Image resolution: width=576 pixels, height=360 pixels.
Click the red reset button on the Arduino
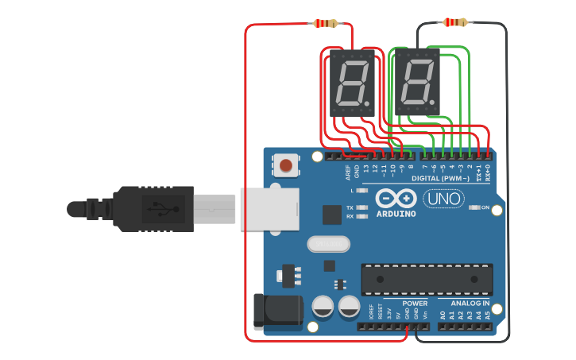[x=285, y=166]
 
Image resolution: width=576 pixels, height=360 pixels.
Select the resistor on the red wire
[x=326, y=24]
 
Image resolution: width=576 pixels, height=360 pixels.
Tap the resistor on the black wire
[x=454, y=22]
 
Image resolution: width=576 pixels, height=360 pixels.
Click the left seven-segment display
[x=350, y=83]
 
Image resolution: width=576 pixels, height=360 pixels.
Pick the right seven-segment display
[x=417, y=83]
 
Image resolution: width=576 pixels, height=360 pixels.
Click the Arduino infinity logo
[x=396, y=198]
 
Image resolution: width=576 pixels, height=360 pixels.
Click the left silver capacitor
[x=323, y=306]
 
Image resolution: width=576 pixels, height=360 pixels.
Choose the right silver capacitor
[x=349, y=306]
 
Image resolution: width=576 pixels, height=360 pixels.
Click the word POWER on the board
[x=414, y=304]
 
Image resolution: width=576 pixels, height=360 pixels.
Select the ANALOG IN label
[x=470, y=304]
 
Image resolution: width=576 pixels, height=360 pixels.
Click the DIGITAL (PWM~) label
[x=439, y=179]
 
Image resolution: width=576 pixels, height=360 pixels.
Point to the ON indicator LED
[x=474, y=208]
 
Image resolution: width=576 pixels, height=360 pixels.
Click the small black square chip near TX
[x=331, y=214]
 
